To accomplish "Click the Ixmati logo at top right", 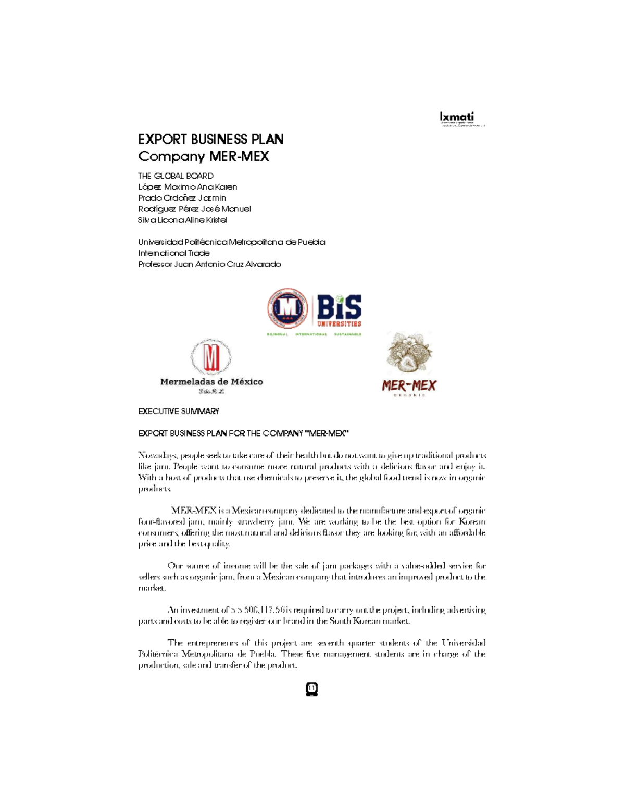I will [x=457, y=118].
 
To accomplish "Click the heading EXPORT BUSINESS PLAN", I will [x=210, y=139].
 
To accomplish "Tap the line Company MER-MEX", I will [x=203, y=156].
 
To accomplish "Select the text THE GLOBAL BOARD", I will [x=176, y=176].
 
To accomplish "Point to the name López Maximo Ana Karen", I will [x=187, y=187].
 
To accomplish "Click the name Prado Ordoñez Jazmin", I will [x=182, y=198].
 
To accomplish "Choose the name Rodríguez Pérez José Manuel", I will [x=194, y=209].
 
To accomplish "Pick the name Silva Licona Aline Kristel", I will [x=182, y=220].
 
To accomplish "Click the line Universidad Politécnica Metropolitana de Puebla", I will [x=231, y=242].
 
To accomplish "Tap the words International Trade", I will [x=174, y=253].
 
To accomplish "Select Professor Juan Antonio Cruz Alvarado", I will [x=209, y=264].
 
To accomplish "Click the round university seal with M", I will [x=287, y=308].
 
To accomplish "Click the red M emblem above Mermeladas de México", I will [x=211, y=357].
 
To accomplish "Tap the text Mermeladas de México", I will [x=211, y=382].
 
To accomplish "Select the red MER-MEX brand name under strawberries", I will [x=409, y=385].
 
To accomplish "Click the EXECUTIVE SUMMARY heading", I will [x=179, y=412].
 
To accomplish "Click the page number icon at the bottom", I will [x=311, y=689].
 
